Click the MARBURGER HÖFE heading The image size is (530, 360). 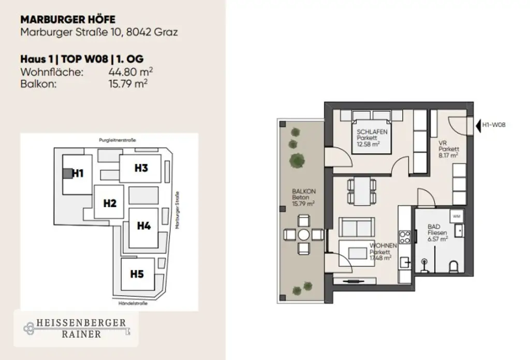pos(68,20)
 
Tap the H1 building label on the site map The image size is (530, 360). pos(78,174)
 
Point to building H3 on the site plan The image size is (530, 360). pos(141,168)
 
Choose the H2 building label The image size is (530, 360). pos(109,203)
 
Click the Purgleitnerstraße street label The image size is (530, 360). pos(121,140)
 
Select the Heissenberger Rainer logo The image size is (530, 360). pos(75,328)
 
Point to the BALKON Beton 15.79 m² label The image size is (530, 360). pos(303,197)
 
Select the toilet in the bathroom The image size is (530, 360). pos(454,266)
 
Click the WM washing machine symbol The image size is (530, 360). pos(456,215)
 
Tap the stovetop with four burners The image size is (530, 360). pos(405,237)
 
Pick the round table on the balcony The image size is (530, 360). pos(303,235)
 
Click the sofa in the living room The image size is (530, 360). pos(356,226)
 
